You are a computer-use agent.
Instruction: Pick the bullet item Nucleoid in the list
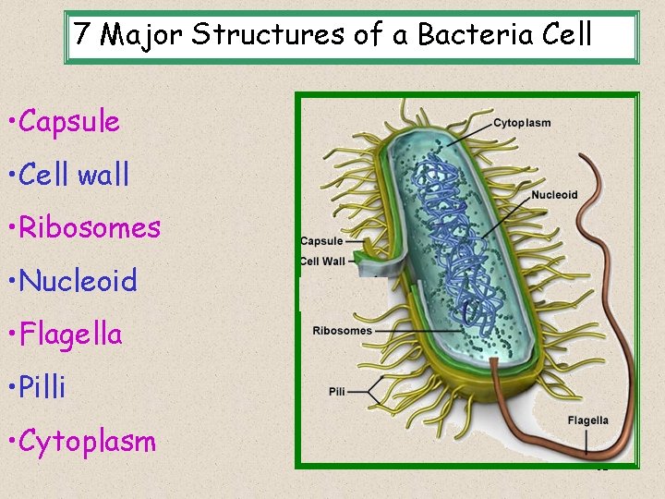point(78,281)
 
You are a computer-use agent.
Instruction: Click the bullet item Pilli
point(42,387)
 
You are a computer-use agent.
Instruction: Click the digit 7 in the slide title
point(83,35)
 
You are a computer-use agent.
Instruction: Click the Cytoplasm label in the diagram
point(522,123)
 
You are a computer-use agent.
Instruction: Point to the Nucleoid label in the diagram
point(554,195)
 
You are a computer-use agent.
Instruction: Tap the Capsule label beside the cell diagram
point(321,242)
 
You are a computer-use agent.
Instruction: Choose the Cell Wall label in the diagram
point(322,262)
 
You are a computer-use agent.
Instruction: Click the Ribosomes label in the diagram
point(342,331)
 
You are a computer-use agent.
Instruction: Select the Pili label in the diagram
point(337,392)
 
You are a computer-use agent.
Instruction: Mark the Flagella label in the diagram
point(587,420)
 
